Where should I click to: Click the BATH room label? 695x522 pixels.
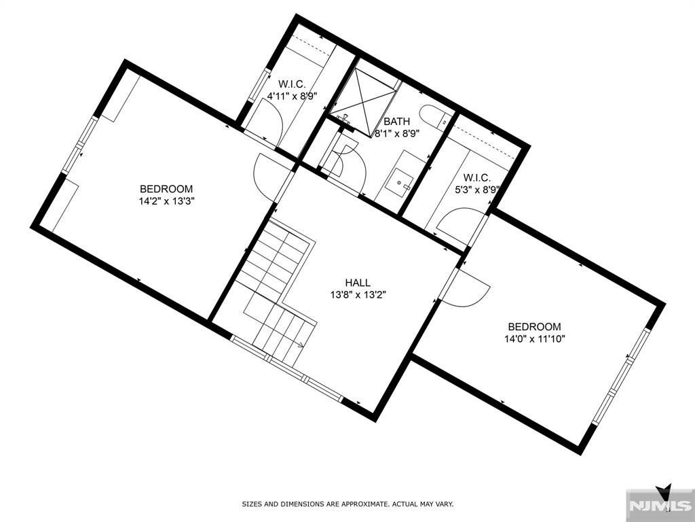[397, 122]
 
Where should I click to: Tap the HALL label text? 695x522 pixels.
[357, 283]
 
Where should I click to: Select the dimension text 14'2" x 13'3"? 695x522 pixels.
[166, 201]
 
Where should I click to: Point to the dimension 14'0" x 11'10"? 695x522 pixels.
[535, 338]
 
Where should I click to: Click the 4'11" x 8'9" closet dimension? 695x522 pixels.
[293, 97]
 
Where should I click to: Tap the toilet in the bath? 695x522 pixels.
[432, 116]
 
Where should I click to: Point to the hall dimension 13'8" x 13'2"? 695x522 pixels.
[357, 294]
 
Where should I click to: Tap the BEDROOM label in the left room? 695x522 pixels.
[166, 189]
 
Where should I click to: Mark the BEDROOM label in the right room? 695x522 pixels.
[535, 326]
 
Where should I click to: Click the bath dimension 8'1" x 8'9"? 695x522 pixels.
[397, 133]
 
